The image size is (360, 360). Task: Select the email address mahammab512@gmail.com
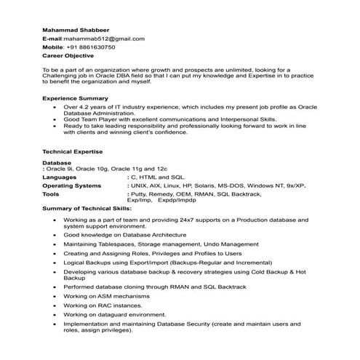point(104,39)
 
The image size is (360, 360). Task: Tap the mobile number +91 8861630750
point(90,47)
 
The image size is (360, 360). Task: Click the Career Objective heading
point(68,55)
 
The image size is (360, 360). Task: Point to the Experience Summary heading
point(75,97)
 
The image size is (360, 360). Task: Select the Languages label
point(60,177)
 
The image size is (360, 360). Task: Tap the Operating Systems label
point(71,185)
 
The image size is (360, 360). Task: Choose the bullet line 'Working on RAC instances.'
point(105,306)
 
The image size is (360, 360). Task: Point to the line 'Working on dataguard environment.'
point(119,315)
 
